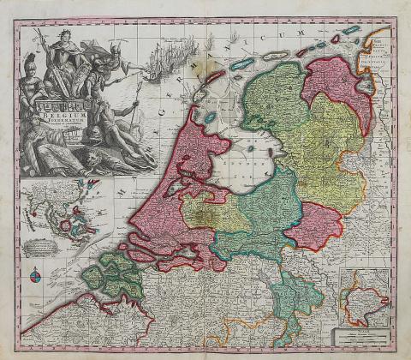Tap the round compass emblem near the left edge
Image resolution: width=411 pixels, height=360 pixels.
pos(34,275)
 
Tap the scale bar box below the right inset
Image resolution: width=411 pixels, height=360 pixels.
pos(363,335)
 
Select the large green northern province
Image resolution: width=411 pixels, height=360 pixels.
pos(274,99)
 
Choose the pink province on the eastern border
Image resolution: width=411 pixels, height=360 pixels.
pos(313,225)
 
